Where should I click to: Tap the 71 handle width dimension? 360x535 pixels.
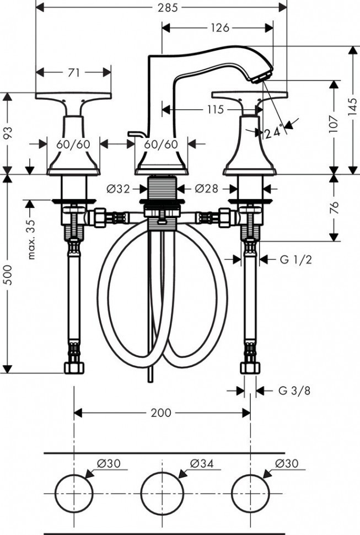pyautogui.click(x=74, y=72)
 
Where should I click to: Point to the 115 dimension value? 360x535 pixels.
pyautogui.click(x=216, y=109)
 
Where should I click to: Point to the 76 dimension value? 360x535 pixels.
pyautogui.click(x=333, y=207)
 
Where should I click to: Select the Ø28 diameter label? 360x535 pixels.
pyautogui.click(x=207, y=189)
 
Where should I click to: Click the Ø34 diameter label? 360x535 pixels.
pyautogui.click(x=203, y=464)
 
